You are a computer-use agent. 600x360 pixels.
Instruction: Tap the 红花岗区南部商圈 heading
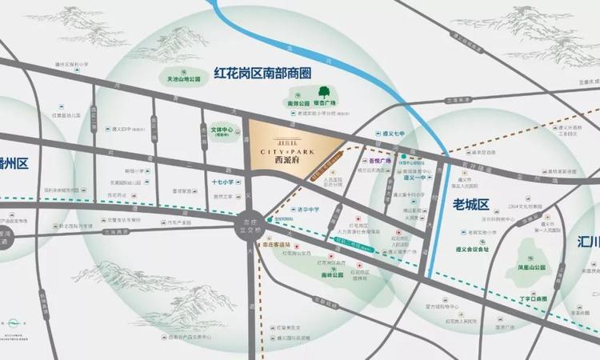[262, 73]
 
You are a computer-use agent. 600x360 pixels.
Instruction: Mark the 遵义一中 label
[410, 179]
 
